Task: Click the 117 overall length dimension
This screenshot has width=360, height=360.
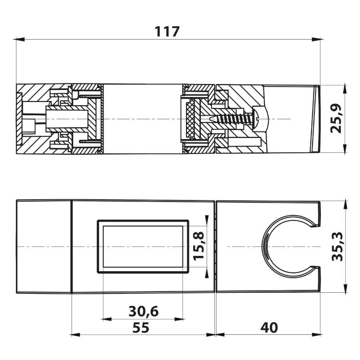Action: click(167, 32)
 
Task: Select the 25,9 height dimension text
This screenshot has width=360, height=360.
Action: click(336, 118)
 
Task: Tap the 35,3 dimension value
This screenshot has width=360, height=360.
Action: click(337, 246)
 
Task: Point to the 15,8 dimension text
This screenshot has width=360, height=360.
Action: click(198, 246)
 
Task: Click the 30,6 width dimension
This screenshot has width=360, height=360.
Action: click(144, 311)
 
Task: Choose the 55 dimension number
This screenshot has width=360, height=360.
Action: click(141, 328)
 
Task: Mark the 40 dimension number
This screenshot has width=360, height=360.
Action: click(269, 328)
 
